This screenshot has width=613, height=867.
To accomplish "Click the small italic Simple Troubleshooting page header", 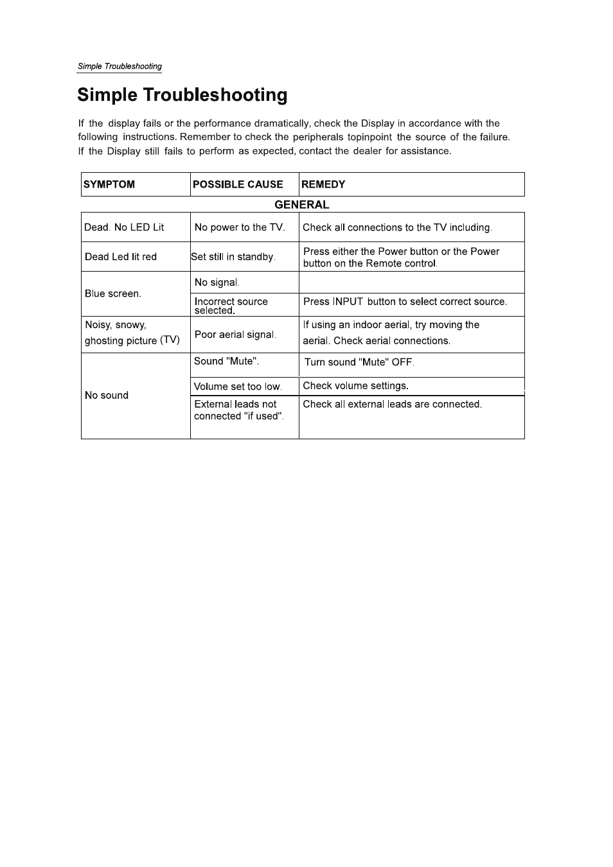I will pos(120,66).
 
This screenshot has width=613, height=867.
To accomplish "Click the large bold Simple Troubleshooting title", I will pos(182,95).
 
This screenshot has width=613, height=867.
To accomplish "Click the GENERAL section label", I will pos(302,205).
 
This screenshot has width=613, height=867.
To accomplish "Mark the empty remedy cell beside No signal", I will pos(411,283).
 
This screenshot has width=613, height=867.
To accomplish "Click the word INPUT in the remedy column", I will pos(348,302).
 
